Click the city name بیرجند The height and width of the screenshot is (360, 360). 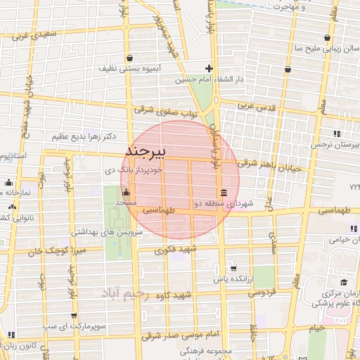click(145, 151)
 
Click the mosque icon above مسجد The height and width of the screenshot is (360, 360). click(127, 192)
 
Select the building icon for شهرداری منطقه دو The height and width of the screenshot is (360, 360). click(224, 193)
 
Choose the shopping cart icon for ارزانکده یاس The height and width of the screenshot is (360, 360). click(233, 268)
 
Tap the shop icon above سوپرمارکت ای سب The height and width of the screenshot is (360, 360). click(74, 316)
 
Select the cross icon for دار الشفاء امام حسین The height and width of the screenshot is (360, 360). click(208, 68)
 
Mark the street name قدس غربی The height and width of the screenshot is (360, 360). click(255, 105)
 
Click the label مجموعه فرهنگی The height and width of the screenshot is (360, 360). click(205, 349)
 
